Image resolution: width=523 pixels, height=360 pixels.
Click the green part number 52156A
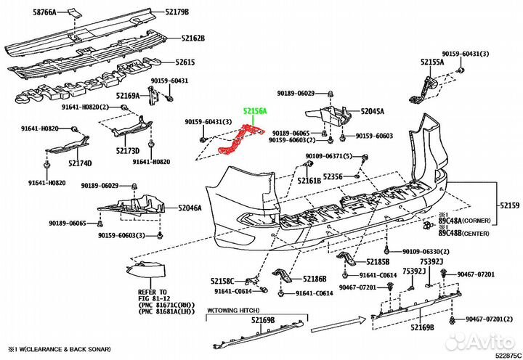(x=255, y=110)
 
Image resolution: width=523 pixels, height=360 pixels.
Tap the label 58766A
(x=48, y=12)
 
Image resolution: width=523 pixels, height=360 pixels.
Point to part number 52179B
(x=177, y=12)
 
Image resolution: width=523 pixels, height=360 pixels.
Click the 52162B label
(x=193, y=38)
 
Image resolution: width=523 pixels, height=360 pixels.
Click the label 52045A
(x=373, y=112)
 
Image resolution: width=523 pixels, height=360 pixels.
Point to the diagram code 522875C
(x=506, y=354)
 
